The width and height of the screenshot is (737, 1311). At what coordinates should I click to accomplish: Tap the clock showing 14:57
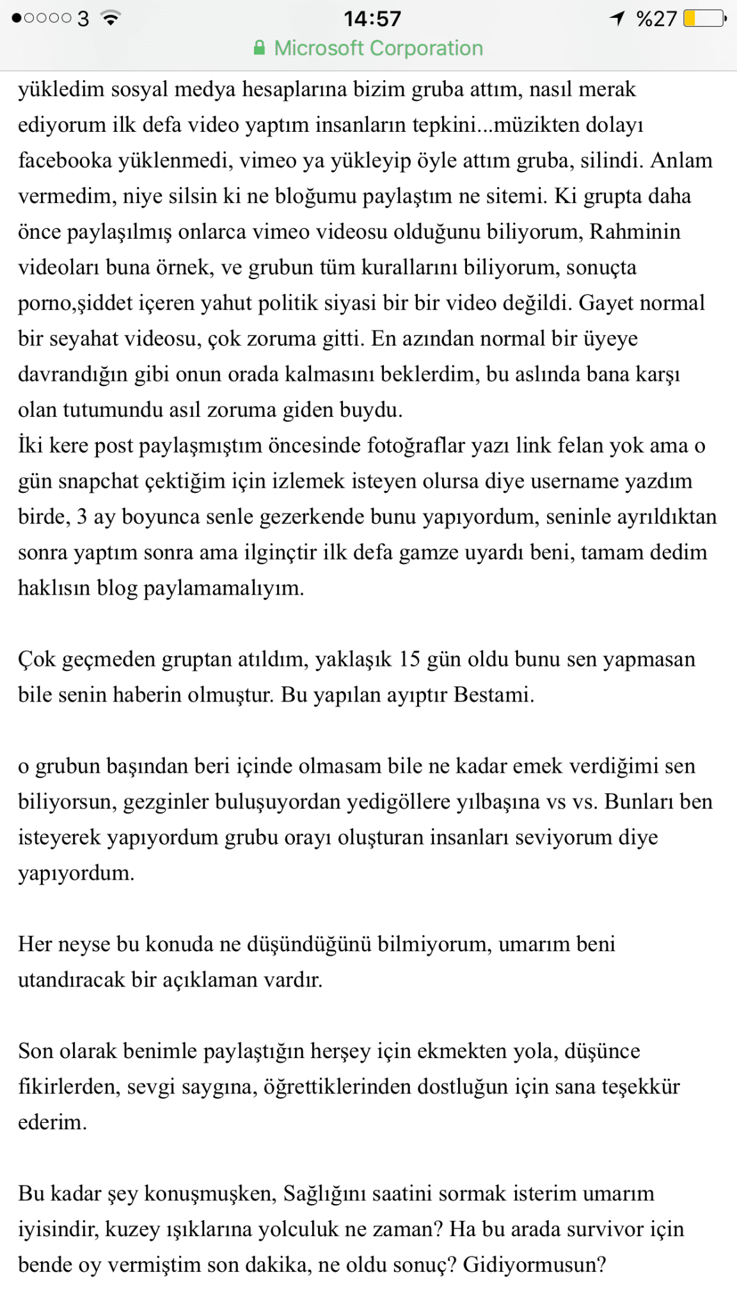coord(372,19)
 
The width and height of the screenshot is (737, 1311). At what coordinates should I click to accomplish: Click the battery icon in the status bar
coord(704,19)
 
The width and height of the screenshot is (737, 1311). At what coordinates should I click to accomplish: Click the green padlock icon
coord(259,48)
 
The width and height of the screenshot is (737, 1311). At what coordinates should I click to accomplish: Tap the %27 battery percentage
coord(656,19)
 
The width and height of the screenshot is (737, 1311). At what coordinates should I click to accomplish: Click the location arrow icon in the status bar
coord(617,18)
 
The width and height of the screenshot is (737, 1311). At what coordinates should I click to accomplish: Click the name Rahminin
coord(635,231)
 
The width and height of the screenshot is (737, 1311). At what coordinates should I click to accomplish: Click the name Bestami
coord(493,695)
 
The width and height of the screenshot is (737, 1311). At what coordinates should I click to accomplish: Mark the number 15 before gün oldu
coord(409,659)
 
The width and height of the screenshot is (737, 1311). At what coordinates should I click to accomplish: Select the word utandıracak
coord(71,980)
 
